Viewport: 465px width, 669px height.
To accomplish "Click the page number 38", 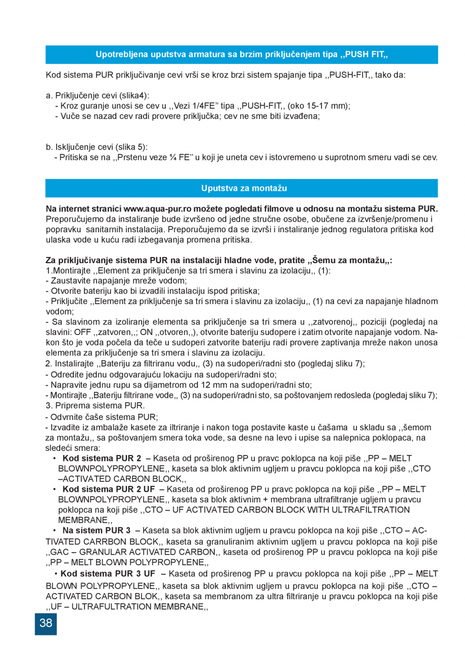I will (46, 623).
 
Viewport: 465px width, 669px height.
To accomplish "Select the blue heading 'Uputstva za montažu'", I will (244, 188).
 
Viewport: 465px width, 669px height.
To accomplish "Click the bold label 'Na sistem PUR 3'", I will (96, 530).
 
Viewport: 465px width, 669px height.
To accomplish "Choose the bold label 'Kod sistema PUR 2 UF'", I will (109, 489).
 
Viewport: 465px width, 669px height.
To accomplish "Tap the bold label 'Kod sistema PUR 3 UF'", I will (108, 573).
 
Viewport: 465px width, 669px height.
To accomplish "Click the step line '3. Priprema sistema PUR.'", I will (95, 405).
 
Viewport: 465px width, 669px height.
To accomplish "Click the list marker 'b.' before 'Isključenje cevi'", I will (49, 147).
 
